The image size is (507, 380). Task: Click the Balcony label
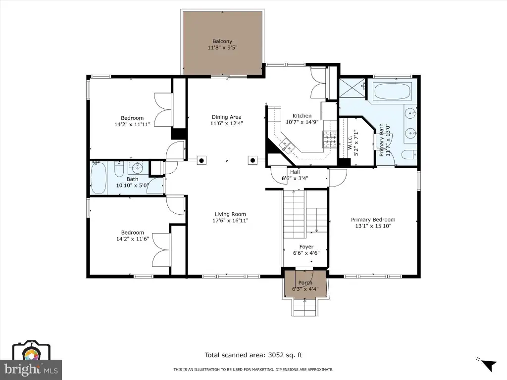[x=222, y=42]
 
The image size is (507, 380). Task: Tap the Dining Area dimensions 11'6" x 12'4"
[x=226, y=123]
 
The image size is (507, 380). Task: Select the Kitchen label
[x=302, y=116]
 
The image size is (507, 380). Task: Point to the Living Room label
[x=230, y=214]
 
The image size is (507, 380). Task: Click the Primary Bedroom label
[x=373, y=220]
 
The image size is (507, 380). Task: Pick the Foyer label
[x=306, y=247]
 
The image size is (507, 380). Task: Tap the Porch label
[x=305, y=283]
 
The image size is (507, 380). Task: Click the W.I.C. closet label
[x=350, y=142]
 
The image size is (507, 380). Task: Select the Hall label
[x=295, y=172]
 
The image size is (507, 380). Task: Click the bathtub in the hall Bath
[x=99, y=178]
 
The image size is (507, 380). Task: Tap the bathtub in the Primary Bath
[x=393, y=92]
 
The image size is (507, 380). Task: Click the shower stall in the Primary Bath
[x=352, y=89]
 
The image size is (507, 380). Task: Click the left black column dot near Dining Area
[x=202, y=160]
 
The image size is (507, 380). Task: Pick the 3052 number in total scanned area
[x=275, y=355]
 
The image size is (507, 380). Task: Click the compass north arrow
[x=489, y=366]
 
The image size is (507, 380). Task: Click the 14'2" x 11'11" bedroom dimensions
[x=132, y=124]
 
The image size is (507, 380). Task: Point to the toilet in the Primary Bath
[x=410, y=155]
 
